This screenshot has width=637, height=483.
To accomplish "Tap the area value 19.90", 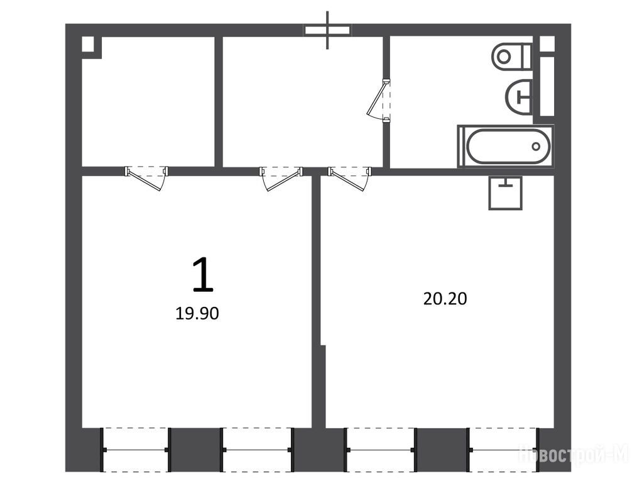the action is point(197,313).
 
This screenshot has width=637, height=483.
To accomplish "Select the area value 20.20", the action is point(445,299).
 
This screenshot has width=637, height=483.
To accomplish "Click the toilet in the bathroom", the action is point(512,56).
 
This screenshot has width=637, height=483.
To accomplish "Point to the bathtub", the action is point(506,147).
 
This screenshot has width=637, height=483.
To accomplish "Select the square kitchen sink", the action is point(505,192).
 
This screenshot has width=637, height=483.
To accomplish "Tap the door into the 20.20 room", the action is point(349,178).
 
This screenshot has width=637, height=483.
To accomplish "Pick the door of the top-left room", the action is point(146,178).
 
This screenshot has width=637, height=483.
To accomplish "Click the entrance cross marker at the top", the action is point(327,30).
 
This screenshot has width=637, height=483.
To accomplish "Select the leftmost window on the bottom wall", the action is point(134,450).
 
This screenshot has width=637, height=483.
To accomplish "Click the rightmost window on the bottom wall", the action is point(504,450).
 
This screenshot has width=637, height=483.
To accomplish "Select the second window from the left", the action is point(257,450).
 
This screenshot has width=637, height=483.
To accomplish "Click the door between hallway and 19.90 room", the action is point(281,178).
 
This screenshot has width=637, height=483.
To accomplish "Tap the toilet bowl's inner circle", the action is point(504,56).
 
